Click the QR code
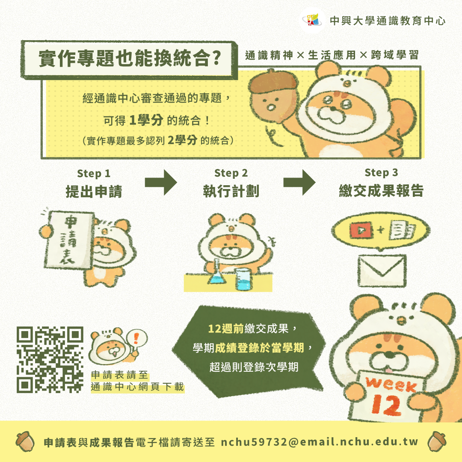(x=50, y=360)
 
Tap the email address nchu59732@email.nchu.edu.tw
(x=320, y=442)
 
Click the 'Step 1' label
(x=94, y=174)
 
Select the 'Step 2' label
(x=231, y=173)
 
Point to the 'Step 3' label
(x=381, y=173)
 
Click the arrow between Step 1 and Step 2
(x=161, y=183)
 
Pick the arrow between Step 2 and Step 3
(x=299, y=183)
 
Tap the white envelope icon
(x=382, y=271)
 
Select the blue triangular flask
(x=217, y=272)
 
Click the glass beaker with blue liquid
(x=244, y=279)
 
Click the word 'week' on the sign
(x=391, y=384)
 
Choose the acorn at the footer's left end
(x=25, y=441)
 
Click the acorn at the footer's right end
(x=437, y=441)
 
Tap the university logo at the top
(x=313, y=21)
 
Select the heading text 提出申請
(x=94, y=191)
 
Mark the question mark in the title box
(x=216, y=58)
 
